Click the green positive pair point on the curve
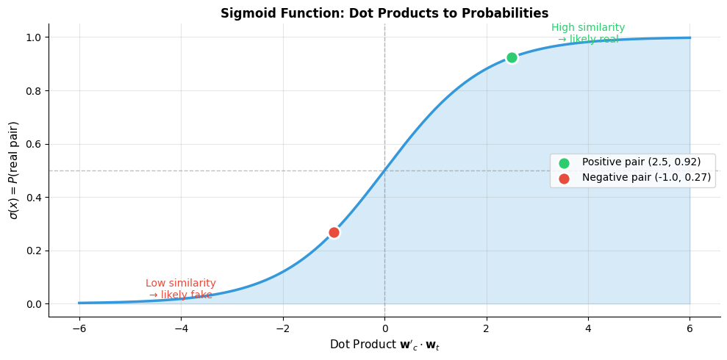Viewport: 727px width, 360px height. (x=512, y=58)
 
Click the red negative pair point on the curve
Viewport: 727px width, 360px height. (x=334, y=232)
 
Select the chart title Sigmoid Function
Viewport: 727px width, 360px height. (x=384, y=13)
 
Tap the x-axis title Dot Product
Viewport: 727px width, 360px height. (x=384, y=345)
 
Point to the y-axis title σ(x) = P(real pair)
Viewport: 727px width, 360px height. (x=13, y=170)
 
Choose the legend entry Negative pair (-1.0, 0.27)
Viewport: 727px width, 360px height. (x=646, y=178)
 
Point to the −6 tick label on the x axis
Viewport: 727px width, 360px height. (x=79, y=328)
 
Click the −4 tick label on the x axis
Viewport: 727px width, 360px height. (x=181, y=328)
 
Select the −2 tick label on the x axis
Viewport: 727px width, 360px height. (x=282, y=328)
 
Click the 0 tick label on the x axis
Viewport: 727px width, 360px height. (x=384, y=328)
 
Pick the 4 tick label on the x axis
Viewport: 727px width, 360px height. (x=588, y=328)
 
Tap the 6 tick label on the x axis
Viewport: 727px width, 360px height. (x=690, y=328)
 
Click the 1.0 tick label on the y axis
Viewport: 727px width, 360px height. (x=33, y=37)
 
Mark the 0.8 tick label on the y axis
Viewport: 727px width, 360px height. (x=33, y=91)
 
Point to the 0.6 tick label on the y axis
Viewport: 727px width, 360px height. (x=33, y=144)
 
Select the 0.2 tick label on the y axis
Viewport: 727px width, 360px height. (x=33, y=251)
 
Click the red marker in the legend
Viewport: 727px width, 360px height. (x=564, y=179)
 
